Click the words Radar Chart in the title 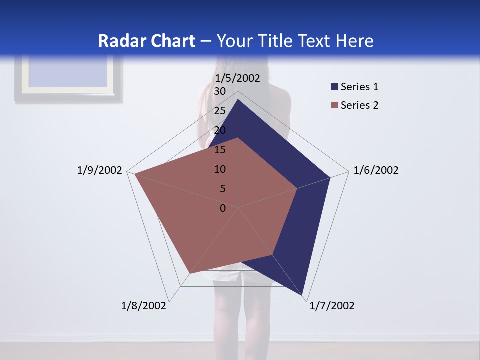(x=146, y=41)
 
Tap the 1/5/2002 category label (x=237, y=78)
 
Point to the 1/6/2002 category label (x=376, y=170)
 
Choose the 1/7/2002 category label (x=332, y=306)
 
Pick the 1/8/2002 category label (x=144, y=306)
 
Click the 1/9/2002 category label (x=99, y=170)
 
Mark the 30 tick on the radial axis (x=220, y=91)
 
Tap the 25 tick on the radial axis (x=220, y=111)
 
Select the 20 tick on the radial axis (x=220, y=130)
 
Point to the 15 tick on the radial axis (x=220, y=150)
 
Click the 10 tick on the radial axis (x=220, y=169)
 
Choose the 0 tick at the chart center (x=223, y=208)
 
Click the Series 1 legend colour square (x=334, y=87)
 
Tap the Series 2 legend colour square (x=334, y=105)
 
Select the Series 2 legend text (x=359, y=105)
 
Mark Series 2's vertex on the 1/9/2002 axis (x=135, y=174)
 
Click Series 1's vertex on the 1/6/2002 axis (x=330, y=177)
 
